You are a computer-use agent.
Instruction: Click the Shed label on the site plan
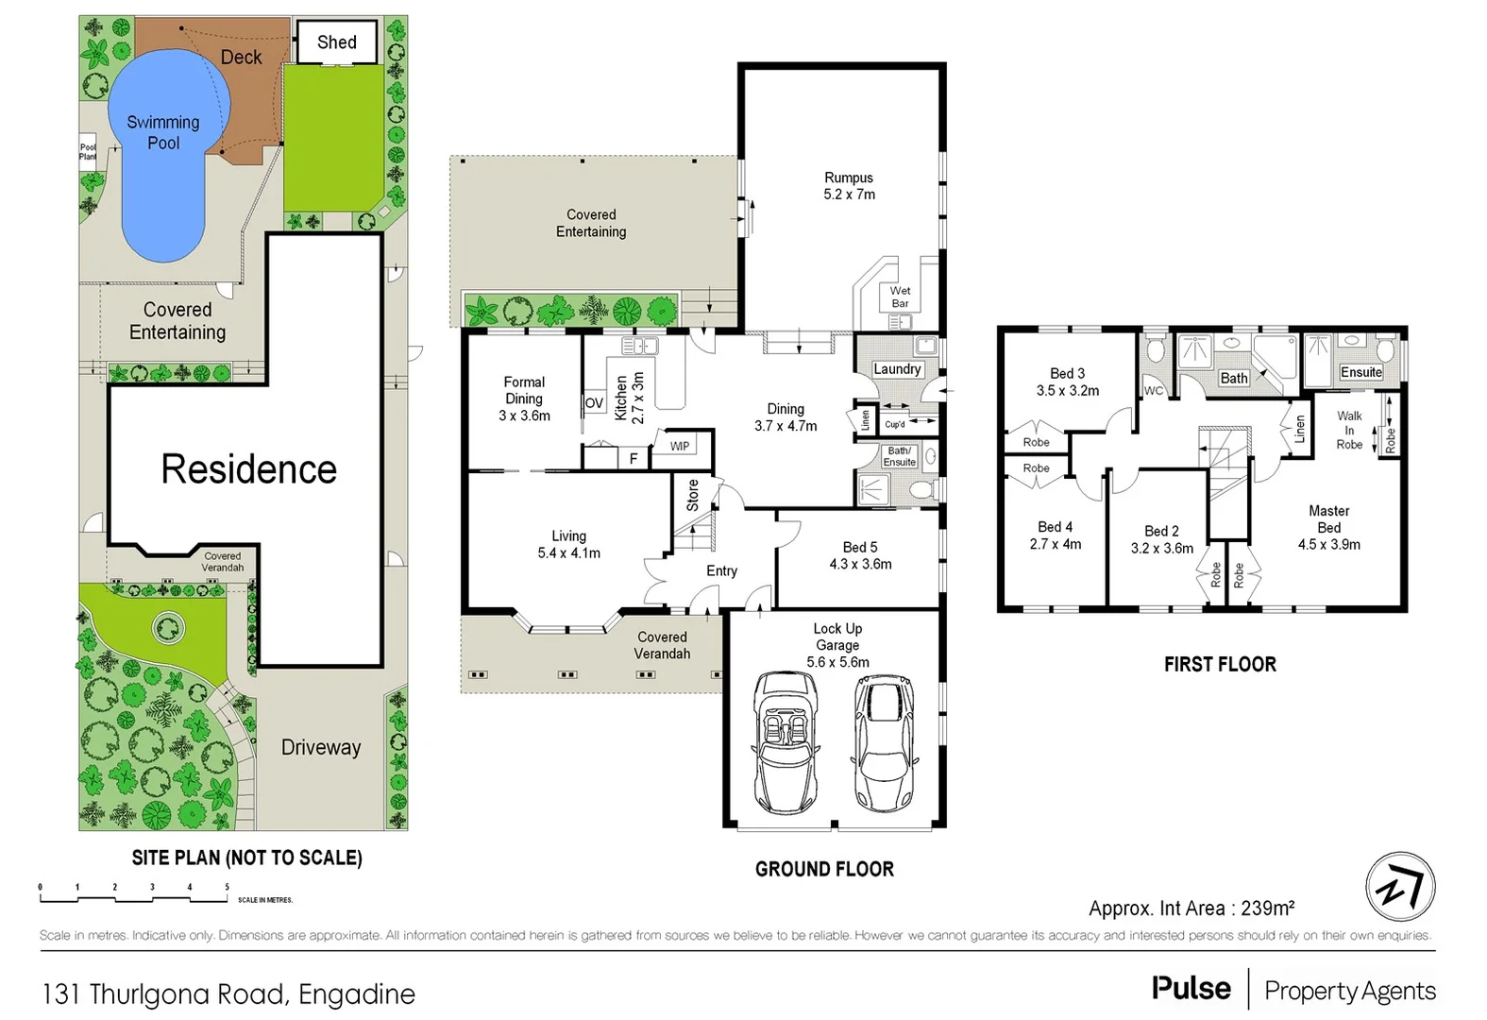tap(337, 42)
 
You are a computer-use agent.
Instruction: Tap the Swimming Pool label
tap(163, 132)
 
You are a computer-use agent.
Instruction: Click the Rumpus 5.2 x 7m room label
tap(849, 186)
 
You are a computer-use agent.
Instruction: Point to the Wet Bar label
tap(900, 297)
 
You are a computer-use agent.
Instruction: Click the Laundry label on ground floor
tap(897, 369)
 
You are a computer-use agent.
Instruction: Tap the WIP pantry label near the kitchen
tap(680, 446)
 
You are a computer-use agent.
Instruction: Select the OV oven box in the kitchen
tap(594, 403)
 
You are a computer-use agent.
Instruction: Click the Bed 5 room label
tap(860, 555)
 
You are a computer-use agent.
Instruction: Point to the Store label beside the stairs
tap(693, 495)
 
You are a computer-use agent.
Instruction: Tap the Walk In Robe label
tap(1349, 430)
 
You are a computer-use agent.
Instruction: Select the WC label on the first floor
tap(1153, 391)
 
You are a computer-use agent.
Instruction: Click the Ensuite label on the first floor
tap(1360, 372)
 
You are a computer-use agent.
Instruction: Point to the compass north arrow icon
tap(1400, 887)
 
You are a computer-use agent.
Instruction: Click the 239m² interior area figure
tap(1267, 909)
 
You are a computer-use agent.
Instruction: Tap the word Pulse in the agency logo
tap(1191, 989)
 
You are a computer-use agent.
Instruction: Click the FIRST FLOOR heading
tap(1220, 665)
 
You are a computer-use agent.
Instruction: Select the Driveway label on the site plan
tap(321, 748)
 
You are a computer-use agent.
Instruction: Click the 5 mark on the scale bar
tap(227, 888)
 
